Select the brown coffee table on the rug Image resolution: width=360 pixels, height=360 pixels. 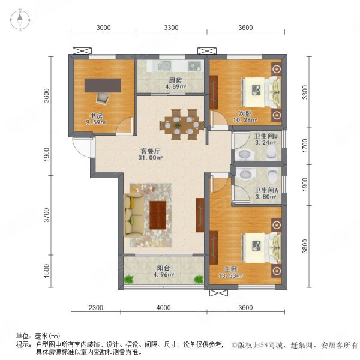158,215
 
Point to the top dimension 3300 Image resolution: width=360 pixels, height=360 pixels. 172,27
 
